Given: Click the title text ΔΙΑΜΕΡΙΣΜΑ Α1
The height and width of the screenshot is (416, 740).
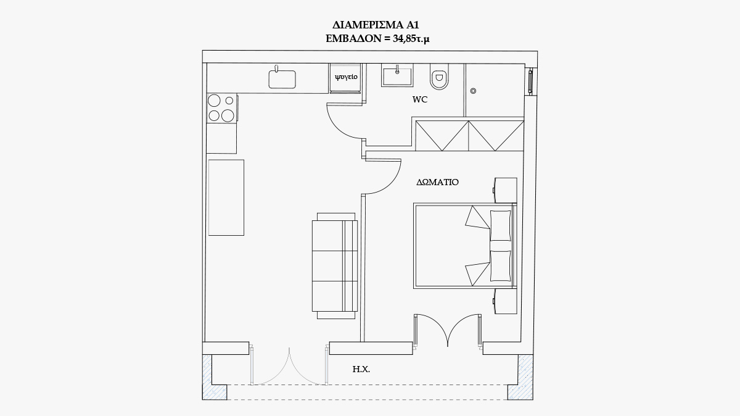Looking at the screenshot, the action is pyautogui.click(x=376, y=25).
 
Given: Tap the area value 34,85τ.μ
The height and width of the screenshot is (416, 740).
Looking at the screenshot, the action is pyautogui.click(x=411, y=39).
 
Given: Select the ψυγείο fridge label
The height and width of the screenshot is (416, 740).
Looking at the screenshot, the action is pyautogui.click(x=346, y=77).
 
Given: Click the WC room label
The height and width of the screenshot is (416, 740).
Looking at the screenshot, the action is pyautogui.click(x=419, y=99).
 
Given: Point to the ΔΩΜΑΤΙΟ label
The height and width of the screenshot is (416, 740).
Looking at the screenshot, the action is pyautogui.click(x=437, y=182).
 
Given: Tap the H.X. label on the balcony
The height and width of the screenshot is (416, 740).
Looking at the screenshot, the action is pyautogui.click(x=361, y=369).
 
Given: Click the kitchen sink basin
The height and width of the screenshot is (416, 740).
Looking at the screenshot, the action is pyautogui.click(x=282, y=80).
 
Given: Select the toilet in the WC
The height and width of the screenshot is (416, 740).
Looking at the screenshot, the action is pyautogui.click(x=439, y=77).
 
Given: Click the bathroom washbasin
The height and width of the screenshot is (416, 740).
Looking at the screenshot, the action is pyautogui.click(x=397, y=75).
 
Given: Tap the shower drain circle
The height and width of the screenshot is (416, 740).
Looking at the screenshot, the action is pyautogui.click(x=473, y=91).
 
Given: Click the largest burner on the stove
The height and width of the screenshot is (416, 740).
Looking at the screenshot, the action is pyautogui.click(x=228, y=115).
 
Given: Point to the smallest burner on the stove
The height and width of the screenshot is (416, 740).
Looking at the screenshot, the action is pyautogui.click(x=229, y=101).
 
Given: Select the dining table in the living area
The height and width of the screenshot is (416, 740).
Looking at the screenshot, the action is pyautogui.click(x=226, y=198).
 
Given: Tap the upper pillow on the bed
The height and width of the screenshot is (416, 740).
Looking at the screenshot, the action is pyautogui.click(x=501, y=225).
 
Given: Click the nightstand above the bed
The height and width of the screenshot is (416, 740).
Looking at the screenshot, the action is pyautogui.click(x=506, y=190).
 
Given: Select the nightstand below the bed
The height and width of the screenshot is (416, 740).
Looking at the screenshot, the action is pyautogui.click(x=506, y=301).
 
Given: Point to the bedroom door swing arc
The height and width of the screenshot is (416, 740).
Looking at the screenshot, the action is pyautogui.click(x=390, y=183).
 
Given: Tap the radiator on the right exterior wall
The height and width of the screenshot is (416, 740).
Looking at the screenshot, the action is pyautogui.click(x=530, y=81).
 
